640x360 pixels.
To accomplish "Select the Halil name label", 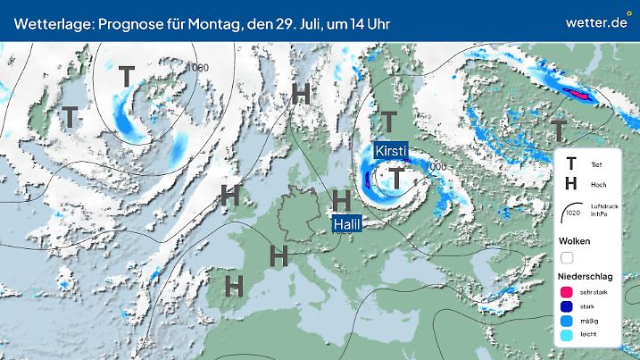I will click(x=346, y=224).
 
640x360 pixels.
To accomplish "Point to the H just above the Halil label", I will click(x=341, y=199).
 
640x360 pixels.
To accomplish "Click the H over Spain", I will click(x=235, y=286).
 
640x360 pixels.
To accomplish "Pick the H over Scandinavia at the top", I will click(x=302, y=93).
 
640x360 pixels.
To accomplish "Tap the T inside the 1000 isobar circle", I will click(x=127, y=78).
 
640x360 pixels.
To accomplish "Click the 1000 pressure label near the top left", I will click(x=197, y=67).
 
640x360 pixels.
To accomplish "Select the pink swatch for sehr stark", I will click(x=566, y=291).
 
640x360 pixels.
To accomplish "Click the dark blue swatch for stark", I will click(x=566, y=307).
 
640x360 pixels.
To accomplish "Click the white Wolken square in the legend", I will click(x=567, y=257).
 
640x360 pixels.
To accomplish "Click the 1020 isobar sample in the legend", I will click(x=571, y=214).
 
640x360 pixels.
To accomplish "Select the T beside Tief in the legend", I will click(x=571, y=164).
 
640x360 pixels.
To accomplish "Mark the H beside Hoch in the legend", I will click(x=571, y=184).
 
